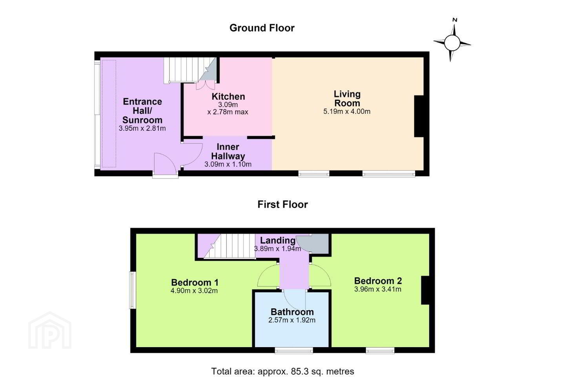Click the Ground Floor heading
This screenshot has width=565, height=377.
tap(262, 28)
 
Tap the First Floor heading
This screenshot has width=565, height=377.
tap(282, 204)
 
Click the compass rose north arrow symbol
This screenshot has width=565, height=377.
tap(452, 40)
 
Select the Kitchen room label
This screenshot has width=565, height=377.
tap(228, 97)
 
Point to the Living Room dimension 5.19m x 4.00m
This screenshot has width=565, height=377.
tap(347, 112)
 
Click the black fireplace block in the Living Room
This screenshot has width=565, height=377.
tap(419, 116)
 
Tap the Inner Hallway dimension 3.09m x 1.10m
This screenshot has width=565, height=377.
tap(228, 165)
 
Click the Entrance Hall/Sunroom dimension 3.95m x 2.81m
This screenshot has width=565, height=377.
tap(142, 128)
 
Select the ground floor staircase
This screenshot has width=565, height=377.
tap(189, 70)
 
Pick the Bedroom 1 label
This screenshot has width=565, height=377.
tap(195, 282)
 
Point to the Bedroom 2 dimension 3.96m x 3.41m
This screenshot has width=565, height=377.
tap(377, 289)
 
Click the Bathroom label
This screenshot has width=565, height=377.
tap(292, 312)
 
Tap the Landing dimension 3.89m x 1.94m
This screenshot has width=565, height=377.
tap(277, 249)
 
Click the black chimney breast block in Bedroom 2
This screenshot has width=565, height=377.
tap(425, 290)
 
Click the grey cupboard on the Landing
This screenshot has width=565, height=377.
tap(313, 243)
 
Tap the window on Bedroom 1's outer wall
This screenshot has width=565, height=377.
tap(133, 290)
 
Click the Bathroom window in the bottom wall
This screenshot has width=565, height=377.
tap(294, 350)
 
